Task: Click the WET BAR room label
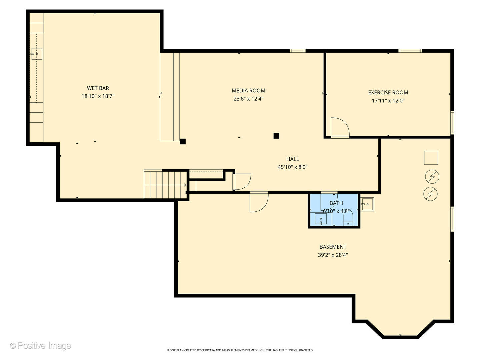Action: click(x=98, y=88)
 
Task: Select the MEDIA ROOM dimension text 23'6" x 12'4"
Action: click(x=248, y=99)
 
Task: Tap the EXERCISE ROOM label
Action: click(x=388, y=92)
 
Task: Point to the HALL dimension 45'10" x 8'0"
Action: click(x=292, y=167)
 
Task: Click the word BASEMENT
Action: click(x=333, y=247)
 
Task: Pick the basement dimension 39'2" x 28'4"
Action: click(x=333, y=255)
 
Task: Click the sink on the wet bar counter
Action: click(x=37, y=53)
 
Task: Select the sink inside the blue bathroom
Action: click(x=321, y=219)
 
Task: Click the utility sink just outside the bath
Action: click(x=367, y=204)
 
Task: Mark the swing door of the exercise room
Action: click(x=339, y=128)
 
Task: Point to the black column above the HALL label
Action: click(x=276, y=136)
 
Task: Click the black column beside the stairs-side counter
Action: click(x=183, y=141)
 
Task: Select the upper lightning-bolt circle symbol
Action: click(x=432, y=177)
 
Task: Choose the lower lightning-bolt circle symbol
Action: click(x=430, y=194)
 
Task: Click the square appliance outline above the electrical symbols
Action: click(x=431, y=158)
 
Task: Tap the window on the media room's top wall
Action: click(x=297, y=51)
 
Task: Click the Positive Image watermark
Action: click(x=40, y=345)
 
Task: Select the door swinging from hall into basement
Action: click(x=259, y=202)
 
